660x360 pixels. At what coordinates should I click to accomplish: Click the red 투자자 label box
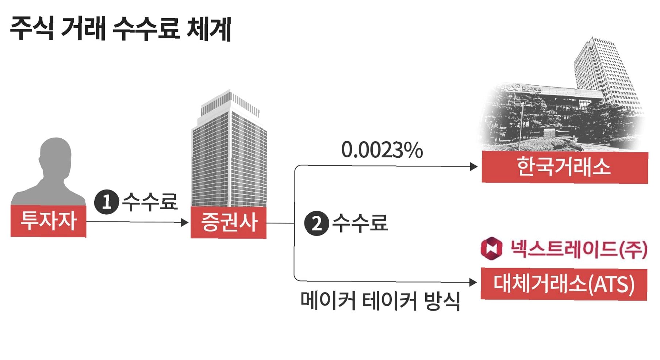[48, 221]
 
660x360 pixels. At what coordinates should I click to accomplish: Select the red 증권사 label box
[229, 222]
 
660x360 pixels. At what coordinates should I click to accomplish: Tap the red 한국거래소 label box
[564, 167]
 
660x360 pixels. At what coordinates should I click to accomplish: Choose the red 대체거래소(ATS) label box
[564, 284]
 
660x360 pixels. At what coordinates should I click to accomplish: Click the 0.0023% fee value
[382, 150]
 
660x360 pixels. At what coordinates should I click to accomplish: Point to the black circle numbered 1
[106, 202]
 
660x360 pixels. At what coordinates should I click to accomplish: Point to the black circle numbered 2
[316, 223]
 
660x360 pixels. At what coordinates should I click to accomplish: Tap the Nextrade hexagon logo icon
[491, 248]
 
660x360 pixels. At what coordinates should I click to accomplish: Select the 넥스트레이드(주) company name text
[578, 249]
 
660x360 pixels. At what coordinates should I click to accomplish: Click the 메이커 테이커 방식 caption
[380, 301]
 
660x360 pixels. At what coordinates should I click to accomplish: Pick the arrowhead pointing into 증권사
[185, 222]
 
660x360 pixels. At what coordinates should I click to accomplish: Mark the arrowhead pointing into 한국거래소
[474, 167]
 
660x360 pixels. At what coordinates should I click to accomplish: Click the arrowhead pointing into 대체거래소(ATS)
[473, 282]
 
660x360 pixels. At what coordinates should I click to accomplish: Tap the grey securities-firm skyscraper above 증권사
[229, 150]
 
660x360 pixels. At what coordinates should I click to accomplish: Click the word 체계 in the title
[209, 28]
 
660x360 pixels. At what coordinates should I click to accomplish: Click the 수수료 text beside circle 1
[150, 202]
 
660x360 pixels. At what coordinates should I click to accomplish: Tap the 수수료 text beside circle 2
[360, 223]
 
